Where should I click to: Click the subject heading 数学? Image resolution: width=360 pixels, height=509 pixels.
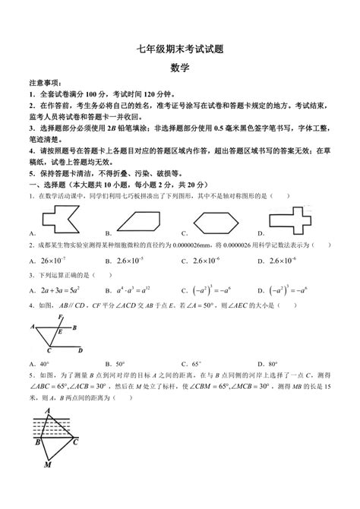[179, 68]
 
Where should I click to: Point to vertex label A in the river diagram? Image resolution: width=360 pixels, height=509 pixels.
[47, 413]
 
